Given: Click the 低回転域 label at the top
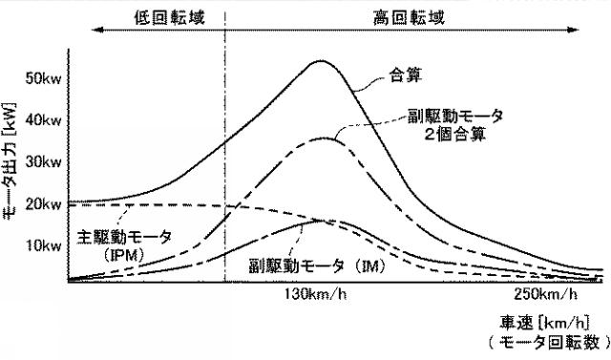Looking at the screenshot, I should pyautogui.click(x=165, y=16).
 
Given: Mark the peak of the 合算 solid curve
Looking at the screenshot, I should pyautogui.click(x=320, y=61).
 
